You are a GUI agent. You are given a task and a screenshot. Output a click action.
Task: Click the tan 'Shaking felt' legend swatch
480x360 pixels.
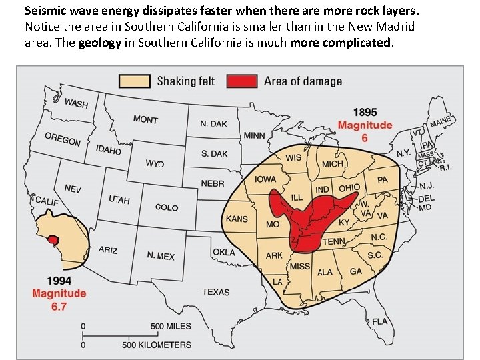135,81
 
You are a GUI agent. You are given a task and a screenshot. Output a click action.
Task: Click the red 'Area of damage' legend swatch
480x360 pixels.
242,81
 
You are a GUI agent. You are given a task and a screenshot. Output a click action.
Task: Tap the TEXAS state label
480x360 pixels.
215,292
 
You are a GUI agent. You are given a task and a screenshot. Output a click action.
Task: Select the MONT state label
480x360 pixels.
145,119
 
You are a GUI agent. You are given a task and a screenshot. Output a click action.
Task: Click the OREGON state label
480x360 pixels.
62,139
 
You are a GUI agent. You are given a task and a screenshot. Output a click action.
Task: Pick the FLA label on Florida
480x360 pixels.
379,321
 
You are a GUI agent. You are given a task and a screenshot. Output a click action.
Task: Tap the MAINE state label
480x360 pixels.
440,123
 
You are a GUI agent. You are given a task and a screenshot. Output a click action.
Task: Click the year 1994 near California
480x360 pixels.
59,281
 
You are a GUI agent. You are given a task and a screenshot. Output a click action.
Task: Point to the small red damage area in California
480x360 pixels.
53,239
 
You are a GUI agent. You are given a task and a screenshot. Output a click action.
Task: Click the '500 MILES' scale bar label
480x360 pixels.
170,327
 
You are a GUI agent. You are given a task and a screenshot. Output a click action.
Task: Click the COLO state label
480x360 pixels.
167,207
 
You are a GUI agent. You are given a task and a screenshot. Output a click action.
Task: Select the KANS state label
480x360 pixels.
237,219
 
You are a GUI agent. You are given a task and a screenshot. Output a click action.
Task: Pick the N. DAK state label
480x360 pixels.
213,124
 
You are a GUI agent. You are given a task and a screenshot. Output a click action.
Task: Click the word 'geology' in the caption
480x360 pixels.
100,43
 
